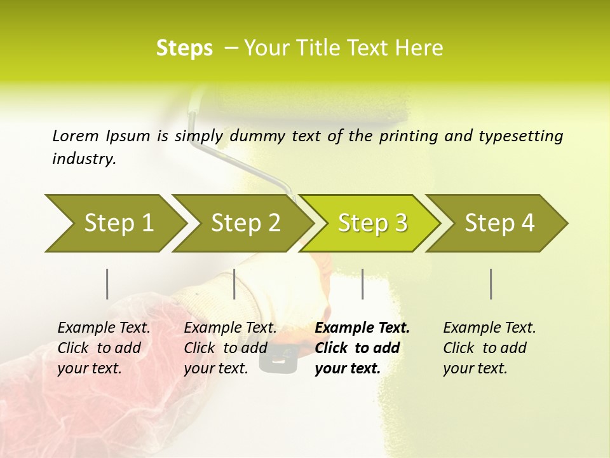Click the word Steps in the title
click(184, 48)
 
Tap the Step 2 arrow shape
click(245, 223)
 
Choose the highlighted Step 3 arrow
click(372, 223)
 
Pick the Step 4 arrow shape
click(499, 223)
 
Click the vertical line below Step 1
click(107, 284)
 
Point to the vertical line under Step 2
click(234, 284)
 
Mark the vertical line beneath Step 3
click(362, 284)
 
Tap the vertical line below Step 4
click(491, 284)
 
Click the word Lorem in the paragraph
click(76, 135)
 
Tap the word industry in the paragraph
click(84, 159)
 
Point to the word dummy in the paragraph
click(262, 136)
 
